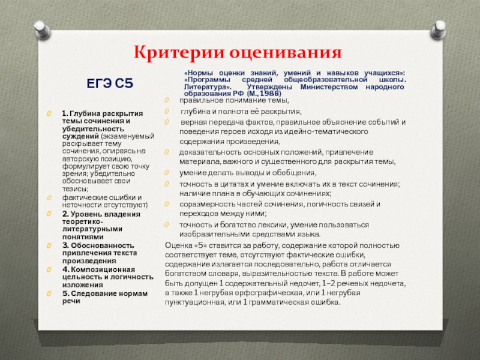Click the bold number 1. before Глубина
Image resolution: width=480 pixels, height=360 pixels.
click(x=64, y=113)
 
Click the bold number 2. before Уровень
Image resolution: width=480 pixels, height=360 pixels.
click(x=64, y=214)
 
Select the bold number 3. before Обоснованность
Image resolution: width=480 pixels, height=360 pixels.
click(x=65, y=245)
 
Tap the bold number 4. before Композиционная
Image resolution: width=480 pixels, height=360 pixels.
click(x=65, y=269)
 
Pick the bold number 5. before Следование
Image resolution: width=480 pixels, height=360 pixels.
click(x=65, y=293)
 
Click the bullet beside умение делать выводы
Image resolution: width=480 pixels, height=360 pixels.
click(x=167, y=172)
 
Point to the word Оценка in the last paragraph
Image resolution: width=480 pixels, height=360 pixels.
click(x=179, y=245)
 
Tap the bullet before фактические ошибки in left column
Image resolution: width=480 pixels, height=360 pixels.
click(x=50, y=197)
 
